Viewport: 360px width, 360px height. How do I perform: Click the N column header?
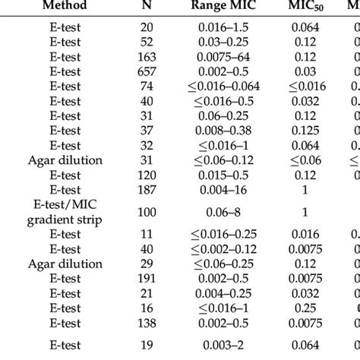pyautogui.click(x=146, y=7)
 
